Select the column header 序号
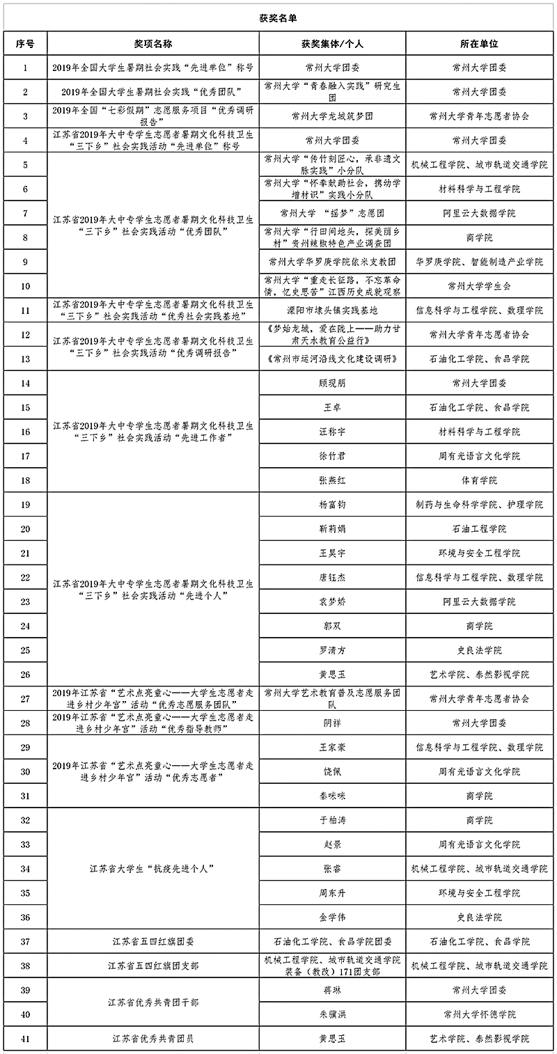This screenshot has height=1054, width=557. (x=26, y=44)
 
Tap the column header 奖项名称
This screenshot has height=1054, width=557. (x=153, y=44)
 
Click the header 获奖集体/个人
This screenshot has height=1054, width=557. (x=333, y=44)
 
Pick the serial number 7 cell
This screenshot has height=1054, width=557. (x=26, y=213)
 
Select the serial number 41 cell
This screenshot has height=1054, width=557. (x=26, y=1039)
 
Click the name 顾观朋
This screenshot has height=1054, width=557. (x=332, y=383)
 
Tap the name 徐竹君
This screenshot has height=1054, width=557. (x=332, y=456)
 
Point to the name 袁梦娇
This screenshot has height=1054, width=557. (x=332, y=601)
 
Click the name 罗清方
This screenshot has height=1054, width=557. (x=332, y=650)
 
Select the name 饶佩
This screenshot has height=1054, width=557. (x=332, y=771)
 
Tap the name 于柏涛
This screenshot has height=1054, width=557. (x=332, y=820)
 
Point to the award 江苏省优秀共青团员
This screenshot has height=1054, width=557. (x=153, y=1039)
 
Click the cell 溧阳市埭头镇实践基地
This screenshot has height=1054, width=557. (x=332, y=310)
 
